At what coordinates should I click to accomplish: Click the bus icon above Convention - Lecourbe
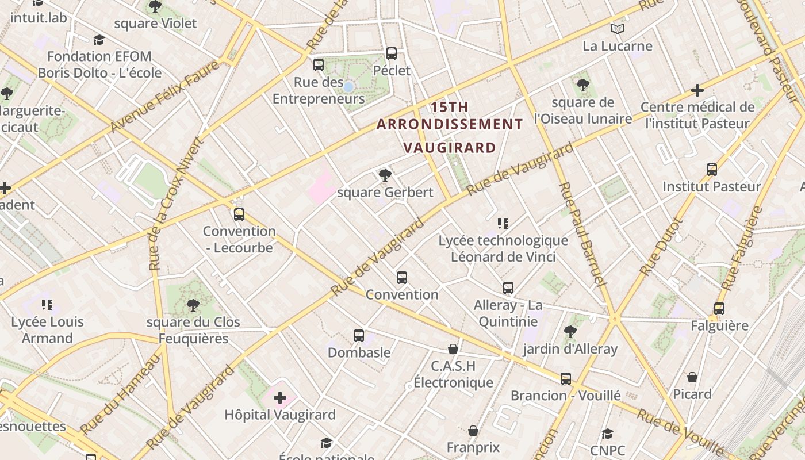pos(239,214)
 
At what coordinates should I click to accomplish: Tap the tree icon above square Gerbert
pos(385,175)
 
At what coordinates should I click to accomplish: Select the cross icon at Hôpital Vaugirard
pos(280,398)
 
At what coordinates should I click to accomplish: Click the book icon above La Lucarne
pos(618,29)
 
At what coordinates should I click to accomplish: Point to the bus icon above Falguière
pos(719,309)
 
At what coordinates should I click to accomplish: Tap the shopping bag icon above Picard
pos(692,377)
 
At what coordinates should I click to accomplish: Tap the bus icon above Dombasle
pos(359,335)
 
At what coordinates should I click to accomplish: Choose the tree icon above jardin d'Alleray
pos(570,331)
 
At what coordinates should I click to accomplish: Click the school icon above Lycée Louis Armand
pos(47,305)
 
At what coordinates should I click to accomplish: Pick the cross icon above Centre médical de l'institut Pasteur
pos(697,90)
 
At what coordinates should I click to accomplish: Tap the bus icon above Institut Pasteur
pos(712,170)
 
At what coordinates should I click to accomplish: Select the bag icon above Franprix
pos(473,431)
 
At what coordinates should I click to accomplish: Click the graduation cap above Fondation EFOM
pos(99,40)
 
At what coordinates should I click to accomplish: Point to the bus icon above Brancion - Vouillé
pos(566,378)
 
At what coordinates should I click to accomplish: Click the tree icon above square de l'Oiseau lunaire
pos(583,86)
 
